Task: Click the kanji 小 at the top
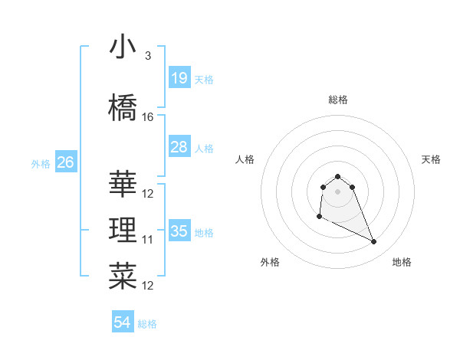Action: pos(123,47)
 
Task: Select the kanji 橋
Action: pos(123,108)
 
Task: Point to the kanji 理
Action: pos(123,231)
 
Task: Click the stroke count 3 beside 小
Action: pos(148,56)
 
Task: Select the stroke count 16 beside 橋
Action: pos(148,117)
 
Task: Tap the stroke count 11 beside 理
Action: pos(148,240)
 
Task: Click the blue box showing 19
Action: pos(179,78)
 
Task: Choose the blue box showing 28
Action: pos(179,147)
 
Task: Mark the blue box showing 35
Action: pos(179,231)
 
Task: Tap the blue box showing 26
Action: pos(65,162)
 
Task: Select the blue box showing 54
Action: pos(123,322)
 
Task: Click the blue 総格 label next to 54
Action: pos(147,324)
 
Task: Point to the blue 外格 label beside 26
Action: pos(41,163)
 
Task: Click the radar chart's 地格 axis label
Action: pos(402,262)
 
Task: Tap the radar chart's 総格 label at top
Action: pos(338,100)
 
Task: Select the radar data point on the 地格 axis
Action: pos(374,242)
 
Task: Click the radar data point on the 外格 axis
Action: pos(319,217)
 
